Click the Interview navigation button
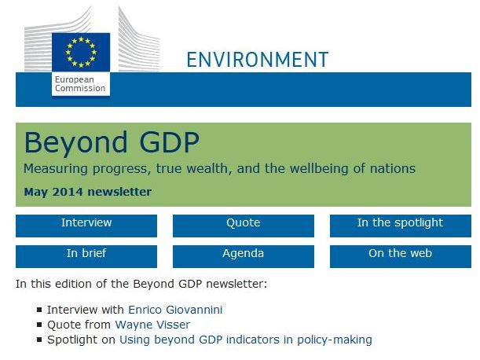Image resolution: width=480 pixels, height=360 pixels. pyautogui.click(x=86, y=226)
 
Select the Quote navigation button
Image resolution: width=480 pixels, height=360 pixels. pyautogui.click(x=244, y=226)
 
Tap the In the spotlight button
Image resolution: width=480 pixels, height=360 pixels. pyautogui.click(x=401, y=226)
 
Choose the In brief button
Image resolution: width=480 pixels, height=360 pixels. pyautogui.click(x=86, y=256)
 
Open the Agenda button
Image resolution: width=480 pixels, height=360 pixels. pyautogui.click(x=244, y=256)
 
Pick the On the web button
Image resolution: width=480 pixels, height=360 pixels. pyautogui.click(x=401, y=256)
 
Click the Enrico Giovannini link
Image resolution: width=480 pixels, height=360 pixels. pyautogui.click(x=175, y=310)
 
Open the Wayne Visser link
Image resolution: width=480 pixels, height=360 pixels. pyautogui.click(x=152, y=325)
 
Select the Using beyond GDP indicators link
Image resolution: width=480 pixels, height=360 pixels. pyautogui.click(x=246, y=340)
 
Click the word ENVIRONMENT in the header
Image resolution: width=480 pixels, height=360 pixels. pyautogui.click(x=258, y=60)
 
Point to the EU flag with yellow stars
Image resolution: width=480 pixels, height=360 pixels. pyautogui.click(x=81, y=52)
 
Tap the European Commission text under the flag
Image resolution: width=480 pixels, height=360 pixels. pyautogui.click(x=80, y=84)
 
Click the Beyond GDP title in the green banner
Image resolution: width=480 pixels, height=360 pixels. pyautogui.click(x=112, y=142)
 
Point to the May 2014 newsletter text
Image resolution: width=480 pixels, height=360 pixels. pyautogui.click(x=88, y=192)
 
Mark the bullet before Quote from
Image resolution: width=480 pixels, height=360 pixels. pyautogui.click(x=39, y=325)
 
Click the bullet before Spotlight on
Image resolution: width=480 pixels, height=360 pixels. pyautogui.click(x=39, y=340)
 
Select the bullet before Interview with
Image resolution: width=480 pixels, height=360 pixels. pyautogui.click(x=39, y=310)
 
